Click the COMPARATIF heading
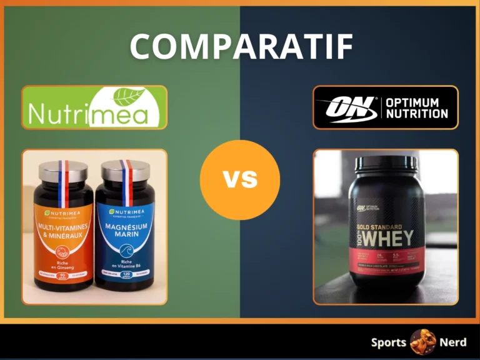click(x=241, y=46)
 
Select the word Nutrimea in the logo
click(x=87, y=115)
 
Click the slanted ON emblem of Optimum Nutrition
click(x=346, y=107)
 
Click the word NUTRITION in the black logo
click(x=417, y=114)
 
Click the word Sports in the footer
click(x=389, y=342)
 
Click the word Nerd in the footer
click(x=452, y=342)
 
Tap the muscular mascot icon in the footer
click(x=422, y=342)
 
